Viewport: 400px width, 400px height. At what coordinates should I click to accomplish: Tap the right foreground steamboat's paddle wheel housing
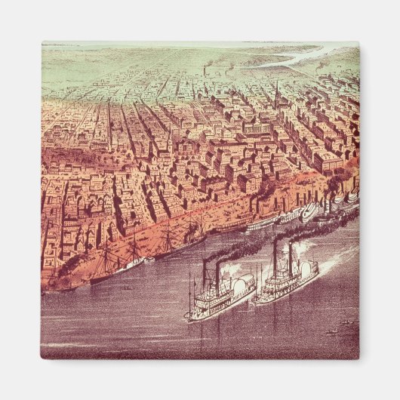308,271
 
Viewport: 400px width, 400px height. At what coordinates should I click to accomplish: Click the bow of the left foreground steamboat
190,315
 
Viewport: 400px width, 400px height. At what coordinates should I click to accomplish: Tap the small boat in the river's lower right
330,330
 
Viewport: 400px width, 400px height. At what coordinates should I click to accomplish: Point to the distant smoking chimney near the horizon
205,69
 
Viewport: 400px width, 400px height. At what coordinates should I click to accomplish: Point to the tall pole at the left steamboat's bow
190,291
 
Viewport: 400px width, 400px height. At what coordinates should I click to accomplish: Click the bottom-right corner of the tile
358,358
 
